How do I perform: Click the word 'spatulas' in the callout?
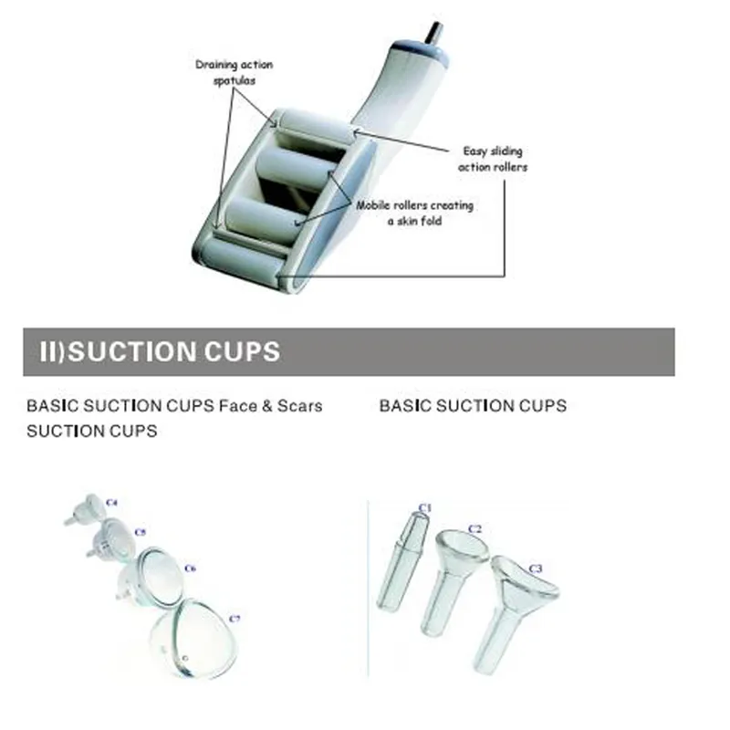234,80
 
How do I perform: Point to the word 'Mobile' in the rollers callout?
376,205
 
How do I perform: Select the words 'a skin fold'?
414,221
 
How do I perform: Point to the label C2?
474,528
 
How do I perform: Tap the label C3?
536,569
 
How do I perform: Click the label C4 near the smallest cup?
112,501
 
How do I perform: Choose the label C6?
190,568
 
